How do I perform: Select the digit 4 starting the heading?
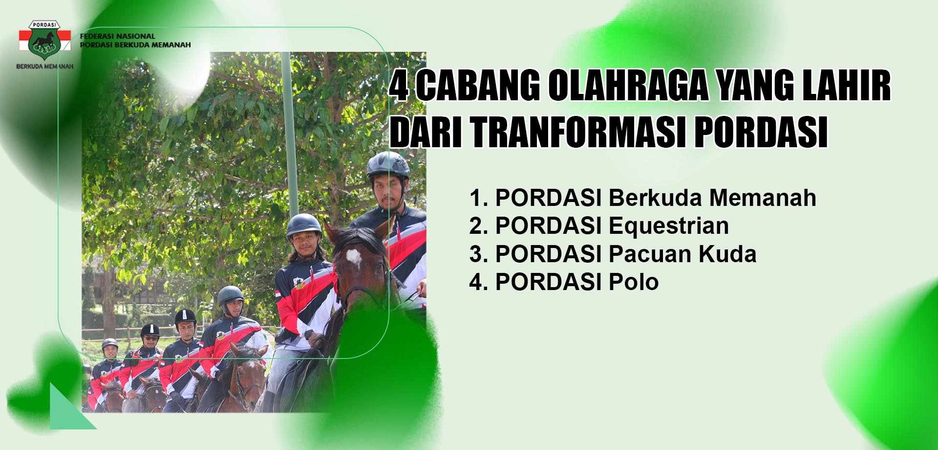[400, 86]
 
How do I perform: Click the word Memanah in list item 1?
[763, 198]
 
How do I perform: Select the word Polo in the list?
[634, 282]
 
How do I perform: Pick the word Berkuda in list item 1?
[656, 198]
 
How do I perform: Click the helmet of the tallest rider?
[388, 164]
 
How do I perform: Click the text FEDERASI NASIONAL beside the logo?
[117, 36]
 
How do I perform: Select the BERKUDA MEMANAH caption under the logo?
[44, 66]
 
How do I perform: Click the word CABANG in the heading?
[478, 86]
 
